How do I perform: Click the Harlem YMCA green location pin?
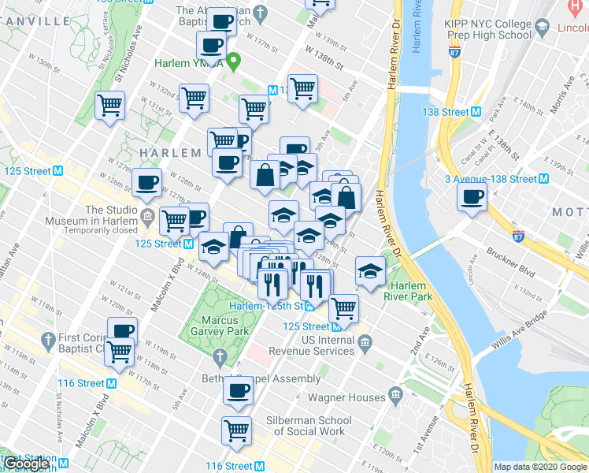(x=234, y=61)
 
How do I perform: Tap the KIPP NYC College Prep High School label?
(x=488, y=29)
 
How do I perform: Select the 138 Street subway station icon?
(x=476, y=112)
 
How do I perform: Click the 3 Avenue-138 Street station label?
(x=491, y=179)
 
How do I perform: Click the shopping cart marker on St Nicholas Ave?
(x=110, y=105)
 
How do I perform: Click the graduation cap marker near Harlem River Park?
(x=369, y=271)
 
